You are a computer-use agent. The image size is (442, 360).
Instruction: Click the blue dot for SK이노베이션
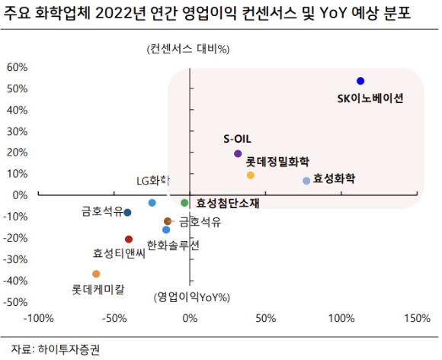coord(360,81)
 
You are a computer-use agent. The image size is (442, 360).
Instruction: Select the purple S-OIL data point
coord(238,153)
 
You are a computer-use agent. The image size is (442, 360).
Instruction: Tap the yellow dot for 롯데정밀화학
coord(250,175)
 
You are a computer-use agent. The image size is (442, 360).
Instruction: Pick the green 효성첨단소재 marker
coord(184,202)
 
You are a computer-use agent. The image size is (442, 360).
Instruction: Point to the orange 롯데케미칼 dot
coord(96,274)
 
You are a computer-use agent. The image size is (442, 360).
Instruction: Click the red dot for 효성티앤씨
coord(129,239)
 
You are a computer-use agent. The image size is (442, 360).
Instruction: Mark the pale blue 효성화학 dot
coord(306,181)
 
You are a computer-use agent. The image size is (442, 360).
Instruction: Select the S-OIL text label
coord(237,139)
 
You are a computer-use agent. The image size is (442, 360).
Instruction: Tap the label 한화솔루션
coord(173,245)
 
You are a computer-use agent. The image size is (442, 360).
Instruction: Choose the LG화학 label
coord(152,181)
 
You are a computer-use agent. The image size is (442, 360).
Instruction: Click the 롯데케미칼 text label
coord(98,290)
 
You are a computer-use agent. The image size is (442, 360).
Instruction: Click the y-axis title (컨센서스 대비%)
coord(189,50)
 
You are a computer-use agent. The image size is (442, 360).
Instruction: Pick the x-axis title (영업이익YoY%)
coord(192,296)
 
